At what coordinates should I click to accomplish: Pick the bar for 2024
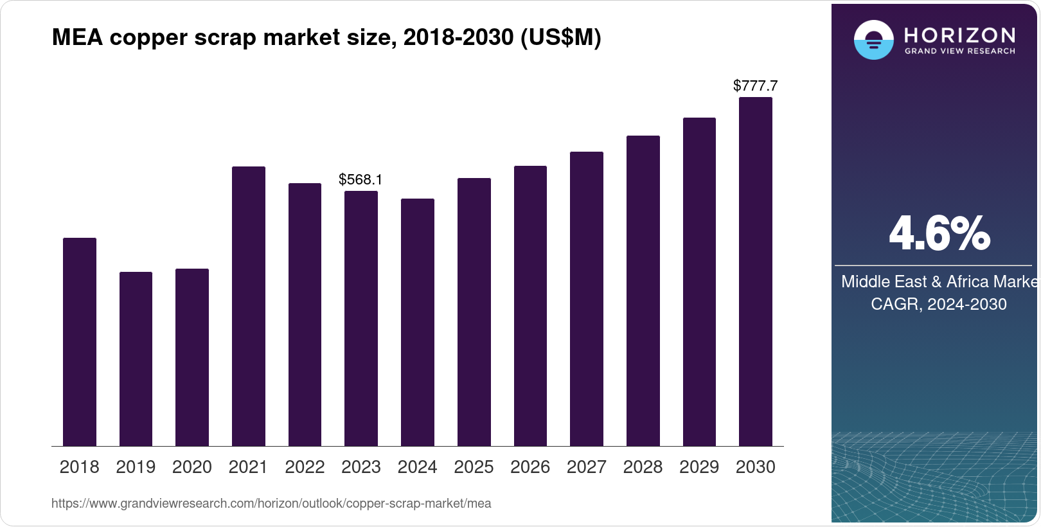pyautogui.click(x=417, y=322)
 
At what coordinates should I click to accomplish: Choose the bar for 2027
pyautogui.click(x=586, y=299)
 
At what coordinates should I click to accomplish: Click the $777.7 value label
pyautogui.click(x=755, y=85)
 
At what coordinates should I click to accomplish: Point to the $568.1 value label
pyautogui.click(x=360, y=179)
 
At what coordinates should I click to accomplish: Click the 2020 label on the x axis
pyautogui.click(x=191, y=467)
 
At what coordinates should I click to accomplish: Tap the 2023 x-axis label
pyautogui.click(x=360, y=467)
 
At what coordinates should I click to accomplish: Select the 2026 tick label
pyautogui.click(x=529, y=467)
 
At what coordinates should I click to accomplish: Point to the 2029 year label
pyautogui.click(x=698, y=467)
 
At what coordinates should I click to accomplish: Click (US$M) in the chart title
pyautogui.click(x=560, y=38)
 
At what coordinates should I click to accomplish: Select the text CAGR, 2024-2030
pyautogui.click(x=938, y=304)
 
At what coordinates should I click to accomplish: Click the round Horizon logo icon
pyautogui.click(x=873, y=40)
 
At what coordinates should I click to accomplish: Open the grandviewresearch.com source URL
pyautogui.click(x=271, y=504)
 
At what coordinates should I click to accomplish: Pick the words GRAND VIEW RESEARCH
pyautogui.click(x=959, y=51)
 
